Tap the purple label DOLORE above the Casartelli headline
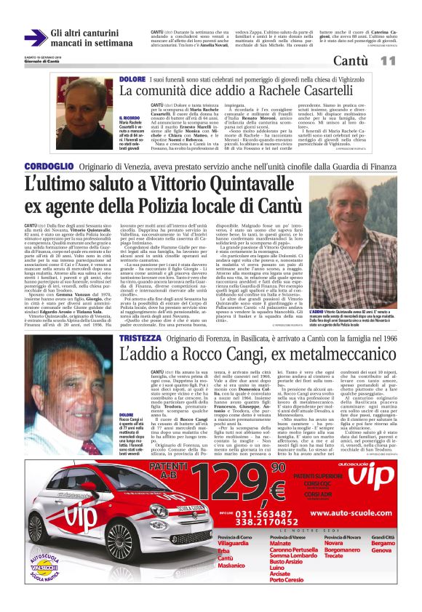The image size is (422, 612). (x=133, y=78)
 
